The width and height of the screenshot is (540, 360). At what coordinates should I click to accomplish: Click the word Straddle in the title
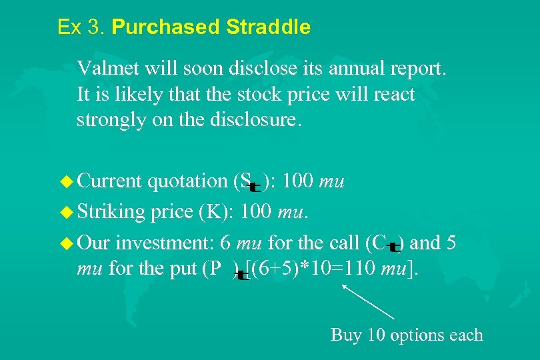[268, 27]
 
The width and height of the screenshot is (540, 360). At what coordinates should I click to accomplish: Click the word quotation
[187, 181]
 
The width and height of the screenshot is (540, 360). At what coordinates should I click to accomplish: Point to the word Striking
[111, 213]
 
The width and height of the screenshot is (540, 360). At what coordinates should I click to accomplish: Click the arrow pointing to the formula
[368, 302]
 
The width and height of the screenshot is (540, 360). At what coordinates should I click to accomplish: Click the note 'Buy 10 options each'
[407, 334]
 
